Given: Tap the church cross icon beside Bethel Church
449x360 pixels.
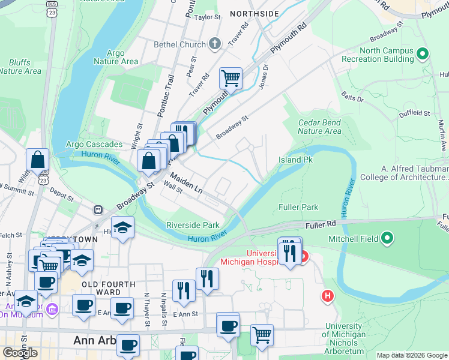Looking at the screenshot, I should [x=215, y=44].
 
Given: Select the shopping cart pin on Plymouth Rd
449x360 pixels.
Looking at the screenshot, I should [x=231, y=78].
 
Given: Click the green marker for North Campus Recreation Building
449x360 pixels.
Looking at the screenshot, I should [x=423, y=55].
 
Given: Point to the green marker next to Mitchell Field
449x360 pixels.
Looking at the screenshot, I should [x=387, y=238].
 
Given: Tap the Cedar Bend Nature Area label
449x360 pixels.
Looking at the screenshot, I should [x=319, y=127].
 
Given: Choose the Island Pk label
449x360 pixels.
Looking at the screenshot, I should [x=295, y=160].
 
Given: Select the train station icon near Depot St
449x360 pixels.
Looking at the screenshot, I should [x=97, y=210].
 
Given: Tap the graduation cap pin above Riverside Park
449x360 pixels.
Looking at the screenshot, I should [x=122, y=229].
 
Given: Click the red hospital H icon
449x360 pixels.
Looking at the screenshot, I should [x=327, y=295].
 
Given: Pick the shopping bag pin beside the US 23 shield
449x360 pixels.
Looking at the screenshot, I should [x=37, y=160].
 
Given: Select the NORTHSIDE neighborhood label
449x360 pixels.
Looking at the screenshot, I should [x=254, y=13].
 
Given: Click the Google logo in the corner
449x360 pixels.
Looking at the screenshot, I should [x=20, y=353].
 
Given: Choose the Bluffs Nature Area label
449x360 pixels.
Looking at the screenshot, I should [x=20, y=67].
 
